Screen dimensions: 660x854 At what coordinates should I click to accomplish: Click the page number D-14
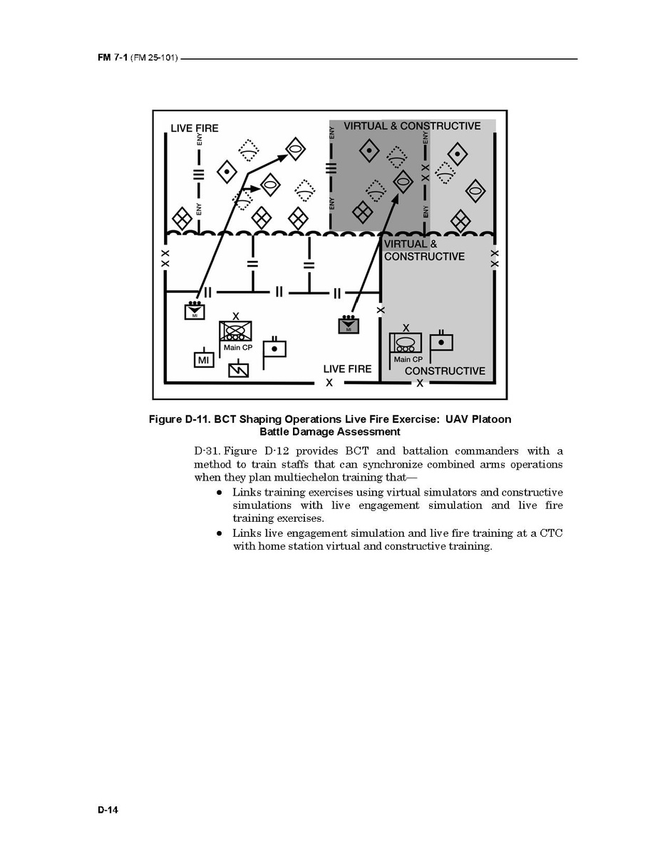(x=108, y=809)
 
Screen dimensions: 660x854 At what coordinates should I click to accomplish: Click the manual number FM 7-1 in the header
(x=113, y=57)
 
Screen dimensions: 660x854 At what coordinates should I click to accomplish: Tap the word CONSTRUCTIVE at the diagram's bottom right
(x=444, y=371)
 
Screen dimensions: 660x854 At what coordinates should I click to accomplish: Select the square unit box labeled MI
(x=203, y=360)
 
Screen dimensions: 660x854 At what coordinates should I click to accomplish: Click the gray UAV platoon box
(x=349, y=325)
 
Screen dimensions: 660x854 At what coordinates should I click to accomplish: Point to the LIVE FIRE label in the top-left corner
(x=195, y=128)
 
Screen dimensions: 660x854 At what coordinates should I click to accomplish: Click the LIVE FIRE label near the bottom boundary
(x=347, y=369)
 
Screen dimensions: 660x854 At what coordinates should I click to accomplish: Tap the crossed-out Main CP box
(x=235, y=331)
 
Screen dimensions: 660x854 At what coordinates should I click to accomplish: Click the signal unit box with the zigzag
(x=239, y=370)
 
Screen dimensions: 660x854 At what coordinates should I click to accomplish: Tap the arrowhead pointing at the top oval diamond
(x=282, y=157)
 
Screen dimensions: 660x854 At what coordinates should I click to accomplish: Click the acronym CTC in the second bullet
(x=551, y=533)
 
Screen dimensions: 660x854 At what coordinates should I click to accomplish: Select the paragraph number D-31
(x=207, y=451)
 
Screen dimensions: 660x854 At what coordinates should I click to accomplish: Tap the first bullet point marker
(x=219, y=493)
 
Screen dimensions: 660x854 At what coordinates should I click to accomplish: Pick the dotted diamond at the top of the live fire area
(x=248, y=150)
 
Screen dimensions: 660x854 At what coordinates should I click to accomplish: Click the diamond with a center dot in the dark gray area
(x=369, y=149)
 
